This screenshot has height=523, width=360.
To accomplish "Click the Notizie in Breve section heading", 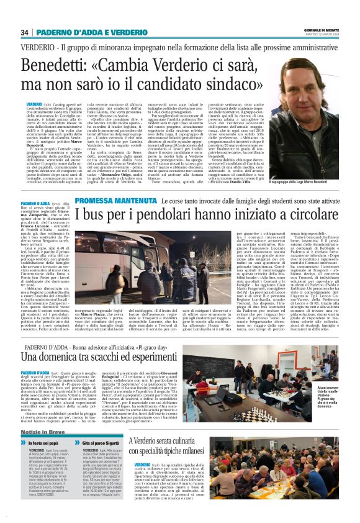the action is coord(47,430).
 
